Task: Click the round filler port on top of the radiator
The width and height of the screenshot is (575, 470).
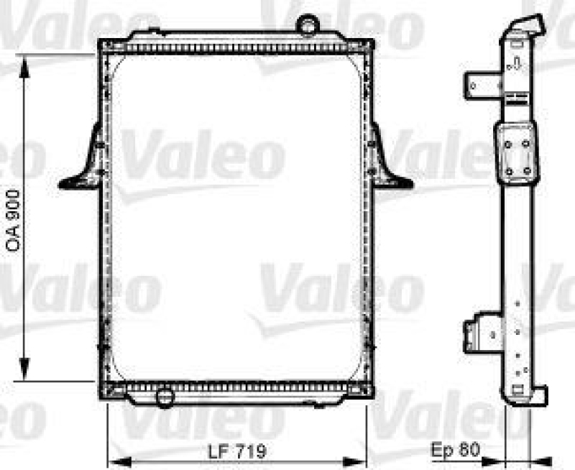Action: click(x=309, y=26)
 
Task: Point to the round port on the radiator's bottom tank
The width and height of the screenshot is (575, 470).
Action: click(x=165, y=397)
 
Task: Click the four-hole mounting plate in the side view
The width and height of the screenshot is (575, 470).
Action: click(x=517, y=155)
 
